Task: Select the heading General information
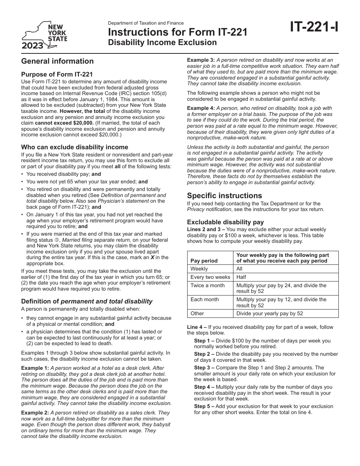(x=57, y=61)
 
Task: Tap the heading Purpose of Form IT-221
(x=57, y=75)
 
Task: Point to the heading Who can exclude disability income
(x=75, y=147)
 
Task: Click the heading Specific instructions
(x=224, y=195)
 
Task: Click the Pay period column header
(x=204, y=261)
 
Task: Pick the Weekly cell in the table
(x=199, y=269)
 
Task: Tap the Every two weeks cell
(x=210, y=277)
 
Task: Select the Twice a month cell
(x=207, y=285)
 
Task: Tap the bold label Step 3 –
(x=205, y=367)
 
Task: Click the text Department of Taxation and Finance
(x=146, y=23)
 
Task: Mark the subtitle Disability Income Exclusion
(x=163, y=42)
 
